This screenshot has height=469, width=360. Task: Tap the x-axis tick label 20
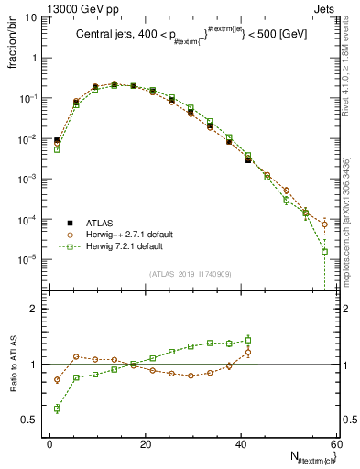[x=145, y=444]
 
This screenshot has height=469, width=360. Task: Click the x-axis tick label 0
[x=49, y=444]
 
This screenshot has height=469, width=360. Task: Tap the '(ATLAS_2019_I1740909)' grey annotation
[x=189, y=273]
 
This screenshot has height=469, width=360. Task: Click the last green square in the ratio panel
[x=247, y=340]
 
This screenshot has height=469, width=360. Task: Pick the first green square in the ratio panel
[x=57, y=409]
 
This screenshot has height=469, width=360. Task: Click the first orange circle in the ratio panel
[x=57, y=379]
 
